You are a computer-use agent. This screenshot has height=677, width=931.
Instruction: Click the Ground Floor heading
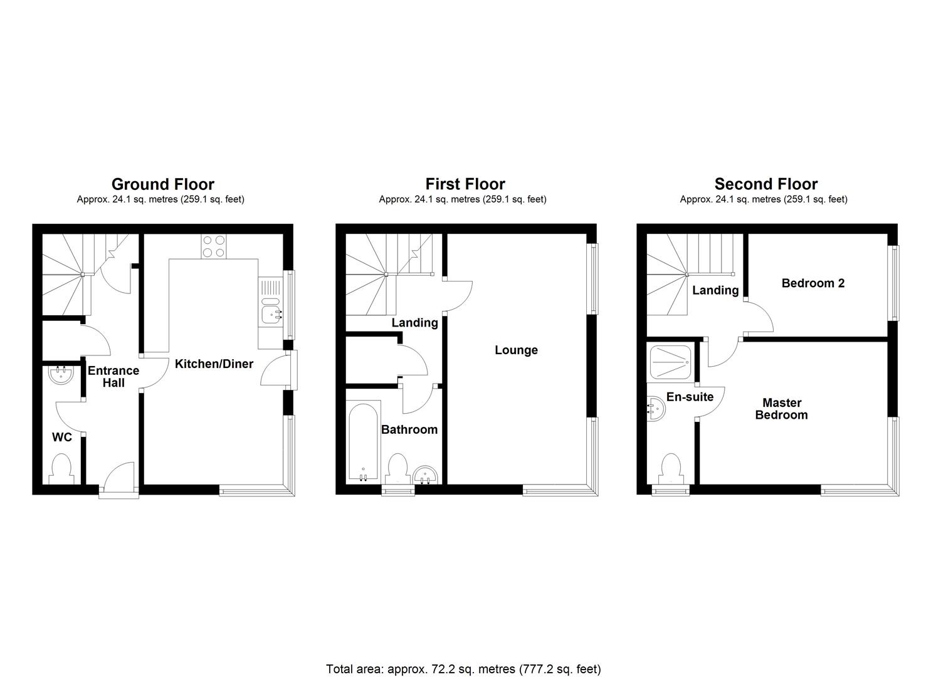[x=162, y=184]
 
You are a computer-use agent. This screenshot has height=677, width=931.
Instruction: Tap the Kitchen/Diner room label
[x=214, y=364]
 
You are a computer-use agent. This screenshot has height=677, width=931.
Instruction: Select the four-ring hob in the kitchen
[x=214, y=246]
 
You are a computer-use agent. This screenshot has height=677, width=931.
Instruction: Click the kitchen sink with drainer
[x=271, y=305]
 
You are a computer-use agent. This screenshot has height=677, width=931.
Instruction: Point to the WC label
[x=62, y=438]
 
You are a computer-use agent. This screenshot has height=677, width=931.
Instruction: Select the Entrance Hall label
[x=113, y=377]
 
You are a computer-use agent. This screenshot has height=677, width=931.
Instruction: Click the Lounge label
[x=516, y=350]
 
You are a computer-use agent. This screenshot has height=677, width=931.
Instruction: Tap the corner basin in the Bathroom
[x=427, y=475]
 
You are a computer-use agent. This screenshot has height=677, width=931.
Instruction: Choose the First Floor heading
[x=465, y=184]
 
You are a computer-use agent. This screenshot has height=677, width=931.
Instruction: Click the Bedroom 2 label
[x=813, y=283]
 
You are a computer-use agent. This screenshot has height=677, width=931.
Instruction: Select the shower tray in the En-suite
[x=671, y=363]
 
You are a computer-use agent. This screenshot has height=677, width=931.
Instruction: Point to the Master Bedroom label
[x=781, y=409]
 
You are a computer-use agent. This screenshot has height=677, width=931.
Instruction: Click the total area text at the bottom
[x=463, y=669]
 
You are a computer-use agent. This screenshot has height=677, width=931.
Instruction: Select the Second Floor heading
[x=765, y=184]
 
